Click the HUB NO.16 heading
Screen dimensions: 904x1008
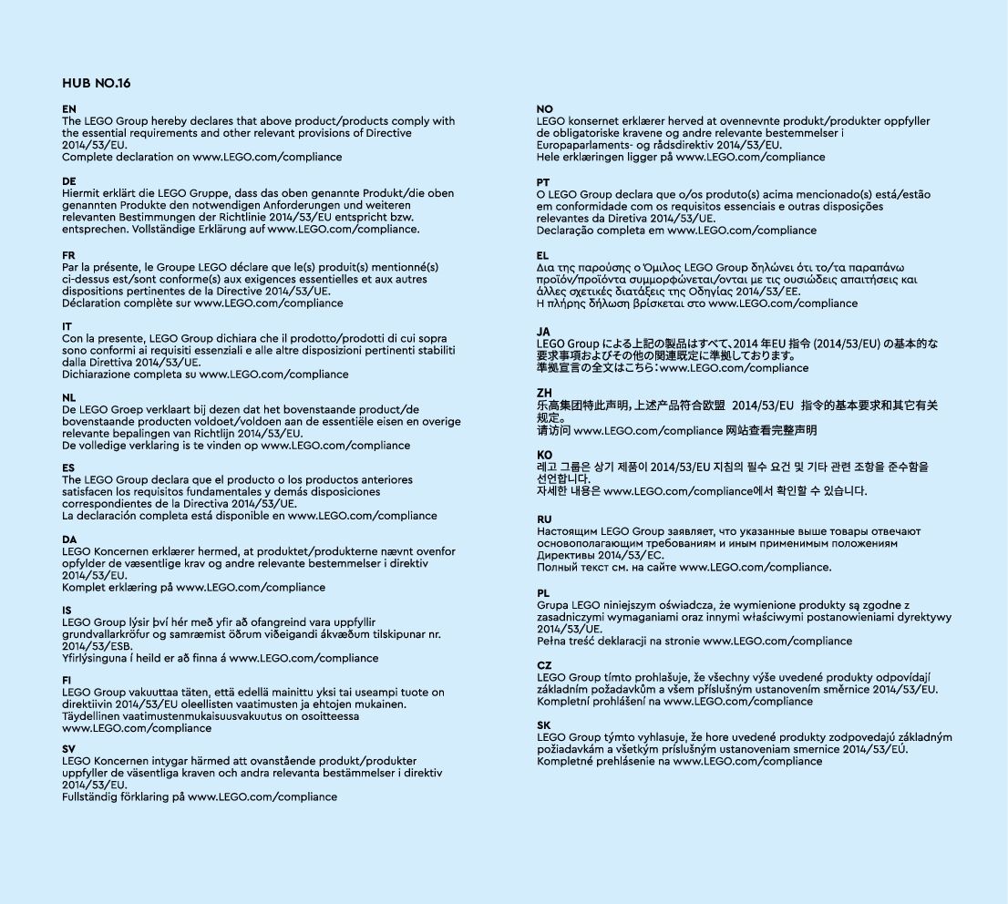97,83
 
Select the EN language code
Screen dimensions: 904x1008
69,109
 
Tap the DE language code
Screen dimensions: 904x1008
69,181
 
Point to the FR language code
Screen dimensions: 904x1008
69,254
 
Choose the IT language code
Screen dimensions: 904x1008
67,326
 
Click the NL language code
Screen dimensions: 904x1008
69,397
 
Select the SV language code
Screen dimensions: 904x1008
69,748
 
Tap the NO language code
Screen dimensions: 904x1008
545,109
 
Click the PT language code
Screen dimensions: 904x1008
544,182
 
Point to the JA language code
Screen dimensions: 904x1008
544,332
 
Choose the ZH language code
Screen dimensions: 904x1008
545,393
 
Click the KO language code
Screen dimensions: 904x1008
545,454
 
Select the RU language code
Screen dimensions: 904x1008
545,519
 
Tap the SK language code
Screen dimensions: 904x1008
544,724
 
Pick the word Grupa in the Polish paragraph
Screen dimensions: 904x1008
553,605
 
